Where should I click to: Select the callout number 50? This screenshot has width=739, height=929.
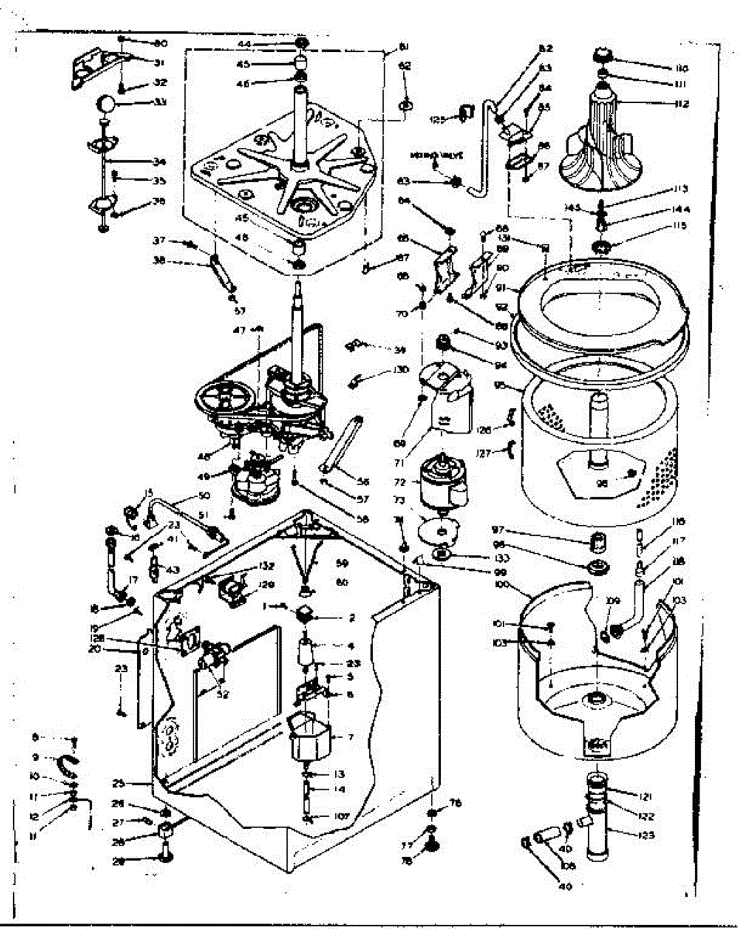pyautogui.click(x=204, y=495)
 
